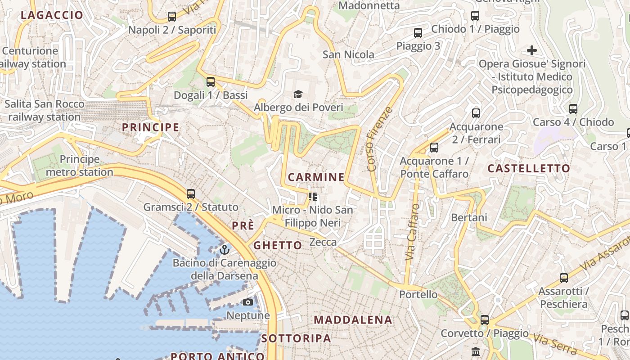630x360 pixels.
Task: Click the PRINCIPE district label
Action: (x=150, y=127)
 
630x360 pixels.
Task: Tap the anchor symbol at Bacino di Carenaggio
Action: (x=225, y=249)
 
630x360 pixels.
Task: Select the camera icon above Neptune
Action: (x=248, y=302)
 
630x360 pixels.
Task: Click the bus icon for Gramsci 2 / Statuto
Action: (x=191, y=194)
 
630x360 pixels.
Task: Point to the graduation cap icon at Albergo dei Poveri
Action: (x=298, y=94)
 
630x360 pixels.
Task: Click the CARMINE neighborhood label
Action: (x=316, y=177)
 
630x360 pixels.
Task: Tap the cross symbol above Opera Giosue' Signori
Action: (x=532, y=50)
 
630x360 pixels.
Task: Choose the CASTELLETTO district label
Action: (x=529, y=169)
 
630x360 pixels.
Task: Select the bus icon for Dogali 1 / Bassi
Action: (x=211, y=82)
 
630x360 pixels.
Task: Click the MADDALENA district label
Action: (x=353, y=320)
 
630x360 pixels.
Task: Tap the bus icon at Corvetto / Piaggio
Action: (x=485, y=320)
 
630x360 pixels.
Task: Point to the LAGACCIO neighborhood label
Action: (x=52, y=15)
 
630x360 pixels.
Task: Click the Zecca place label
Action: (x=323, y=242)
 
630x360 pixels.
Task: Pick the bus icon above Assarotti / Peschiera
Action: (x=564, y=278)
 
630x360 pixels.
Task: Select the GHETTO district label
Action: (x=278, y=245)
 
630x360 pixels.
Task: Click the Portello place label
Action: (x=418, y=294)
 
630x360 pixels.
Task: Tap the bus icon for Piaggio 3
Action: (x=418, y=33)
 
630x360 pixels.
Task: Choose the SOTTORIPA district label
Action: (x=296, y=338)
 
